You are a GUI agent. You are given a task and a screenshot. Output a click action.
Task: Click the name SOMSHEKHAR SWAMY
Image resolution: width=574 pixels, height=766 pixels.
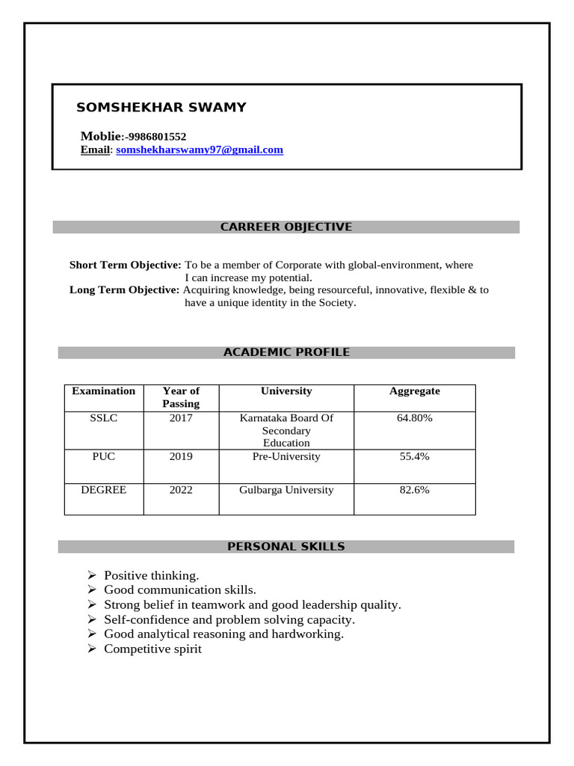(x=161, y=107)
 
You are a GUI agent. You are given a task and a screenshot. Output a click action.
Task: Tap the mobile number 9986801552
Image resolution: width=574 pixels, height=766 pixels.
(x=157, y=136)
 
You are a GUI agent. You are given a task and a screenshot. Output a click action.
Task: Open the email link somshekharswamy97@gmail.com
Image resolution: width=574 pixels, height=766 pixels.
(x=200, y=150)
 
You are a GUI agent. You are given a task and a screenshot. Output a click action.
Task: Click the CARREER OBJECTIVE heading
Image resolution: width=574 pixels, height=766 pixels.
(x=286, y=227)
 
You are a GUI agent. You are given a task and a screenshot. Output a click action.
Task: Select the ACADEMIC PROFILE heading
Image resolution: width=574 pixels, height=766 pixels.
(x=286, y=352)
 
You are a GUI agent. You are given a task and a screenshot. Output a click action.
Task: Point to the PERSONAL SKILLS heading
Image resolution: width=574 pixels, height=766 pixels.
(x=286, y=547)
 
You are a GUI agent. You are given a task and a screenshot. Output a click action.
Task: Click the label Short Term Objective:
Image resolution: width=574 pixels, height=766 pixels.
(x=125, y=265)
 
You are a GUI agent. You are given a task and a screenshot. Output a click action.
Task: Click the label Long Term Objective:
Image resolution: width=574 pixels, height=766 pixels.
(x=124, y=289)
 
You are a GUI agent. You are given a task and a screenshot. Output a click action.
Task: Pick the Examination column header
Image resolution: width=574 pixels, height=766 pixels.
(x=103, y=390)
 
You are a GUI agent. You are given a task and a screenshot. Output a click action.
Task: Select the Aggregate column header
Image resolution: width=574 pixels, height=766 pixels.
(x=415, y=390)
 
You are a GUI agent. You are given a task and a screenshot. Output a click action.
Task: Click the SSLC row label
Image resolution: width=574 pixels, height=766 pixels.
(x=104, y=418)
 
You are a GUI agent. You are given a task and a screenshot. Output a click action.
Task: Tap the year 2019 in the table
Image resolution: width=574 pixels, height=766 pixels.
(x=181, y=456)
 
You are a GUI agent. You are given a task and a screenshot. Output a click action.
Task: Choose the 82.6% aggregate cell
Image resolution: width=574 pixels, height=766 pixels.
(x=415, y=490)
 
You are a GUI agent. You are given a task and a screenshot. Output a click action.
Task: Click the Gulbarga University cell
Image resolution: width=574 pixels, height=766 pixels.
(x=286, y=490)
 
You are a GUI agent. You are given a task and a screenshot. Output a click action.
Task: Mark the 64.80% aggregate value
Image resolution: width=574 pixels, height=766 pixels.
(x=415, y=418)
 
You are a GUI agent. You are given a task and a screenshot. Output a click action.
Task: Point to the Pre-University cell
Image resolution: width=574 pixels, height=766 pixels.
(x=286, y=456)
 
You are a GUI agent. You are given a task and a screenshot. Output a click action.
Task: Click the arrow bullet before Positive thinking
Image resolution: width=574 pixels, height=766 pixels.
(x=92, y=575)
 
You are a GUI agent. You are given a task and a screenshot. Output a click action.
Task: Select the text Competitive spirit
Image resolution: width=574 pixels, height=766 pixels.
(x=152, y=649)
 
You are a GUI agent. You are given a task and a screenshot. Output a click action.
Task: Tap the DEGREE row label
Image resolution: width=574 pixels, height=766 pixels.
(x=104, y=490)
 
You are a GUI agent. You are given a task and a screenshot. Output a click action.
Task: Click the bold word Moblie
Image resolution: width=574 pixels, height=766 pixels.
(x=100, y=136)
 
